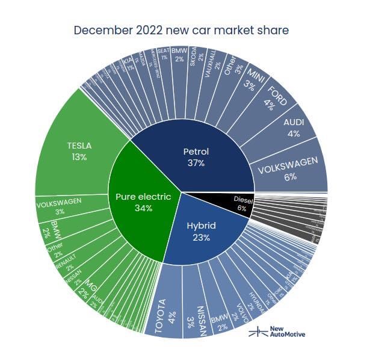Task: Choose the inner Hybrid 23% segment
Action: click(x=202, y=231)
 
